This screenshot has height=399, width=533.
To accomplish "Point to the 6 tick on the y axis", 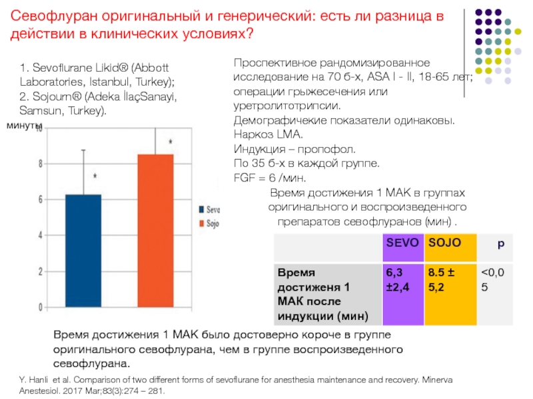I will click(x=41, y=199).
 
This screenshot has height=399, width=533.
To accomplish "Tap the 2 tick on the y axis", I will click(x=41, y=271).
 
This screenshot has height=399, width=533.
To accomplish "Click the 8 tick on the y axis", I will click(x=41, y=164).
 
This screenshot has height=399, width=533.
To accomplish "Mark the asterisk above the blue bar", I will click(x=95, y=177).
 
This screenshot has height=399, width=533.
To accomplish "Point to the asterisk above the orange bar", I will click(x=171, y=142).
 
